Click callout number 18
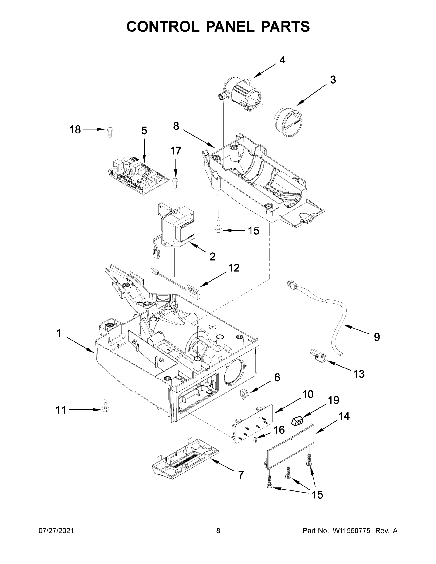[x=75, y=129]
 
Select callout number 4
[x=282, y=60]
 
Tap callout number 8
[x=176, y=126]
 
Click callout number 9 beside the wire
[x=377, y=337]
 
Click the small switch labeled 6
[x=243, y=394]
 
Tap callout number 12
[x=233, y=268]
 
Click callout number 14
[x=344, y=416]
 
